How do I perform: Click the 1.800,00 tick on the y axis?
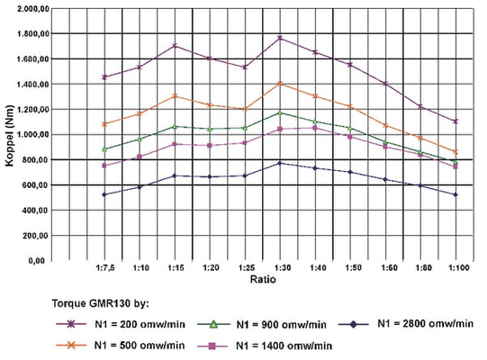[33, 33]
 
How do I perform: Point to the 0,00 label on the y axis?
[37, 261]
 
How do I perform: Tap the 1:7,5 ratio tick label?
[105, 267]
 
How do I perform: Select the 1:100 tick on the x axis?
[458, 267]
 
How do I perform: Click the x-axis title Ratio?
[263, 279]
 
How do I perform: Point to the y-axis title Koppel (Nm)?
[10, 136]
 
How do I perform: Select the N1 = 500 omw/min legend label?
[140, 346]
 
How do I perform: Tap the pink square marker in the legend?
[212, 346]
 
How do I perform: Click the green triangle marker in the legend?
[213, 325]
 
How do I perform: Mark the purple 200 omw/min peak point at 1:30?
[280, 38]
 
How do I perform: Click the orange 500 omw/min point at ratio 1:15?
[175, 96]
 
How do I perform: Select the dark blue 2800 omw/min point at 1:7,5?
[104, 194]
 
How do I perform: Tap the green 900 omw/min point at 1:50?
[350, 128]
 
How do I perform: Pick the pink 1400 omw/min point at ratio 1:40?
[315, 128]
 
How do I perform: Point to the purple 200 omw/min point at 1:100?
[455, 121]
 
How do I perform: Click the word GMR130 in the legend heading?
[109, 303]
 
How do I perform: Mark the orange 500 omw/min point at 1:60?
[385, 125]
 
